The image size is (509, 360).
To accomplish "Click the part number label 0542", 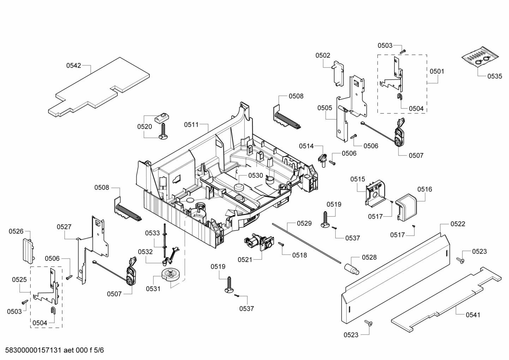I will click(x=73, y=65).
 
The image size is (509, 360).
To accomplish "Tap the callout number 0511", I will click(x=191, y=125).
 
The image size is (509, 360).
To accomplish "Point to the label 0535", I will click(x=495, y=76).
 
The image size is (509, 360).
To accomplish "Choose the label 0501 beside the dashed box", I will click(x=437, y=71).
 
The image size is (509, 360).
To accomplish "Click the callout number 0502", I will click(x=323, y=55).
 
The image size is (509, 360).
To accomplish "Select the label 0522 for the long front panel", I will click(x=457, y=224).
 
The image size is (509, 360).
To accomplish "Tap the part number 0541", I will click(x=473, y=315).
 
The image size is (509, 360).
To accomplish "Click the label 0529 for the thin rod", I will click(x=304, y=223).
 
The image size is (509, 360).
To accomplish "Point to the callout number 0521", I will click(x=245, y=260).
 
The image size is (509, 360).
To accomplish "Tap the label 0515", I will click(x=358, y=179).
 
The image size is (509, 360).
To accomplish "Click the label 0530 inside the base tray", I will click(x=256, y=176).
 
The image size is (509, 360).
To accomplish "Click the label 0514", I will click(x=306, y=146).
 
